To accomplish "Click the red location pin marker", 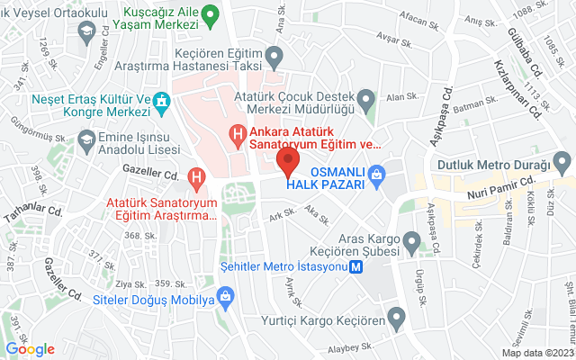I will [x=287, y=164].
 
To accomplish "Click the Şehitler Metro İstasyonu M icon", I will [x=357, y=266].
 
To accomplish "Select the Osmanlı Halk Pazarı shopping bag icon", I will [x=378, y=172].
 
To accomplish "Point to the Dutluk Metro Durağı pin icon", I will [x=563, y=164].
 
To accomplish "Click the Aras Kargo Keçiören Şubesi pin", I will [x=413, y=240].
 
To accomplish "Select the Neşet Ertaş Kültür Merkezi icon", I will [x=162, y=100].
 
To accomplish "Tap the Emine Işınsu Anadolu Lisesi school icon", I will [x=85, y=139].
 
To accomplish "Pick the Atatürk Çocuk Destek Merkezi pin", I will [x=365, y=97].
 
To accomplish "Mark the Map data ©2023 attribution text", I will [x=536, y=353].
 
